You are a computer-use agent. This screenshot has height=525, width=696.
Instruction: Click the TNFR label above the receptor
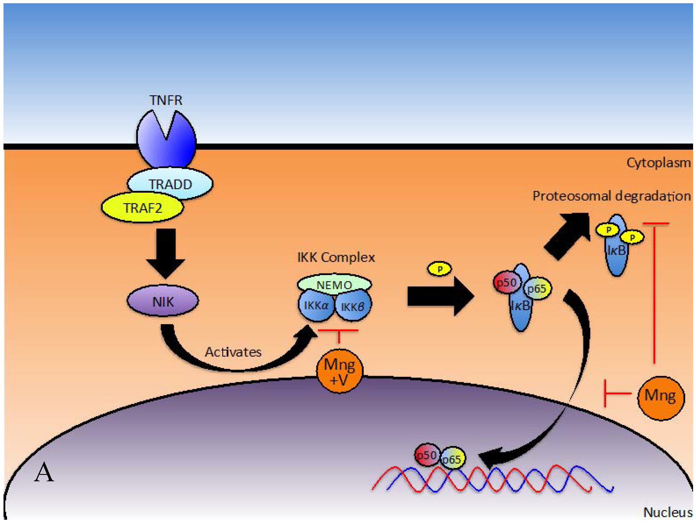[x=166, y=100]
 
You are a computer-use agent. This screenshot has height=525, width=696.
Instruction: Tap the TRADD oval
[x=170, y=184]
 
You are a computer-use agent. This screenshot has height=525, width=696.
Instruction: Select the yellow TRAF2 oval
[x=142, y=208]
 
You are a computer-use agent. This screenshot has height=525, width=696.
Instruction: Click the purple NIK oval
[x=163, y=301]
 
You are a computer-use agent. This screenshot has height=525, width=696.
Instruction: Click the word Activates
[x=233, y=352]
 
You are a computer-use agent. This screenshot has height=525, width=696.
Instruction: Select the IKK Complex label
[x=336, y=257]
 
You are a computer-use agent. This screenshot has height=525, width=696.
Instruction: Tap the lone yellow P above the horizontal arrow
[x=439, y=269]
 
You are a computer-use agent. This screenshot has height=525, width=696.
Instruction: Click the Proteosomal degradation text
[x=611, y=196]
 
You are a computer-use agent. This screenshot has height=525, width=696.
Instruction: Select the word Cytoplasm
[x=658, y=163]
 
